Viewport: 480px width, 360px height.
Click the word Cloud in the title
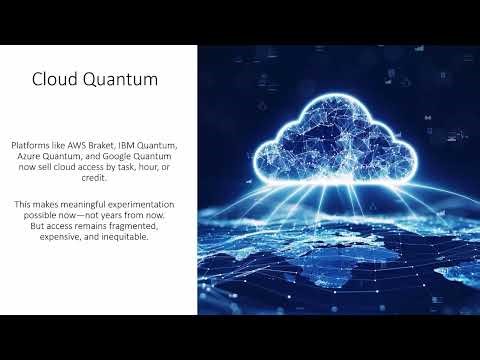[x=55, y=79]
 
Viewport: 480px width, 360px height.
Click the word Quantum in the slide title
[x=125, y=79]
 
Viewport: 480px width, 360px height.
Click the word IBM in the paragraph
[x=146, y=146]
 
